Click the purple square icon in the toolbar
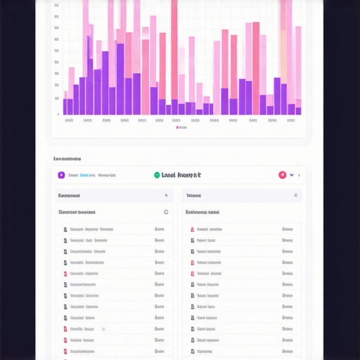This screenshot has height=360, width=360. click(62, 175)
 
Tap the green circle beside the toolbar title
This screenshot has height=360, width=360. click(156, 175)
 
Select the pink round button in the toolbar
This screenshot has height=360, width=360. click(282, 175)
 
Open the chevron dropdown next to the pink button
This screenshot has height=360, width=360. click(292, 175)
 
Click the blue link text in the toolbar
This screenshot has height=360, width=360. click(87, 175)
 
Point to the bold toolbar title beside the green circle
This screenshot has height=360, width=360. click(181, 175)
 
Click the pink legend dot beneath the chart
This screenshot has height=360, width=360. click(177, 128)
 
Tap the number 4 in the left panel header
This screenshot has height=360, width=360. click(166, 195)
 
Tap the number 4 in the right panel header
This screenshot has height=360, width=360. click(295, 195)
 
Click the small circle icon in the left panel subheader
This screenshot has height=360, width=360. click(166, 212)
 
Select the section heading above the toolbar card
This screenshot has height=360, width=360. click(67, 159)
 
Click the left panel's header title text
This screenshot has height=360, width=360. click(69, 195)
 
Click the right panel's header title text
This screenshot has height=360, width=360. click(193, 195)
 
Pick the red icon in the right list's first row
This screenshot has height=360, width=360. click(193, 229)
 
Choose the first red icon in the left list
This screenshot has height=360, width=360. click(65, 274)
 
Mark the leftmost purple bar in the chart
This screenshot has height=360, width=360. click(66, 106)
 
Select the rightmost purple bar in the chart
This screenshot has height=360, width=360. click(298, 110)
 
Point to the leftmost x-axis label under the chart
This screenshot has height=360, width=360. click(68, 120)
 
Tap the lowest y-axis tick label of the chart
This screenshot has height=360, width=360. click(58, 114)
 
